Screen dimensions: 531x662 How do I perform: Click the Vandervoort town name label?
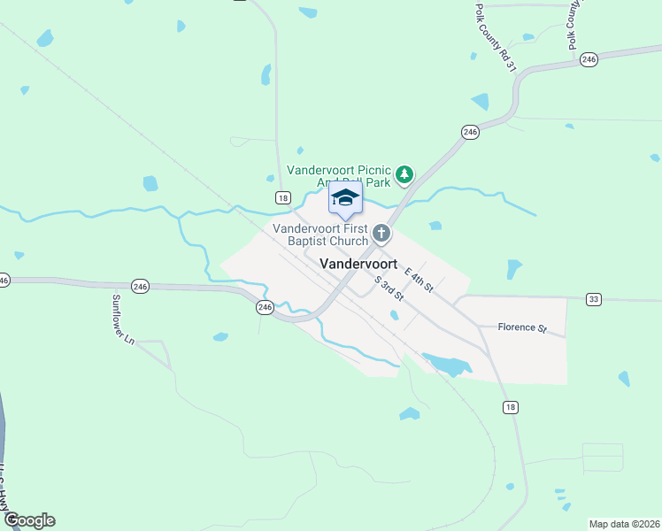click(x=358, y=264)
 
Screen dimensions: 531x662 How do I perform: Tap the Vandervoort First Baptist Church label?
click(x=319, y=235)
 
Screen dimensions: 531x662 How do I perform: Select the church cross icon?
click(x=381, y=234)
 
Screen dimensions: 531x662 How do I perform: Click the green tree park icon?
click(x=404, y=174)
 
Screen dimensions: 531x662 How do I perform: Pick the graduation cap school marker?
click(x=345, y=198)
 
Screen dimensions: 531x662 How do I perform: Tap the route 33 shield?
click(x=593, y=300)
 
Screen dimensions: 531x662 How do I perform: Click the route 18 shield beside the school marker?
click(x=281, y=197)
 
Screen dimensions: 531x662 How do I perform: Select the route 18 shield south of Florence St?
click(x=509, y=407)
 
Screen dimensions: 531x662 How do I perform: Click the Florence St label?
click(x=521, y=327)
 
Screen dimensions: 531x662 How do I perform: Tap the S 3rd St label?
click(x=389, y=287)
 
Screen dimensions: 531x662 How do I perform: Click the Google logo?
click(x=28, y=520)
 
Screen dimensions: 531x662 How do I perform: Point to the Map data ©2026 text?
click(x=624, y=523)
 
